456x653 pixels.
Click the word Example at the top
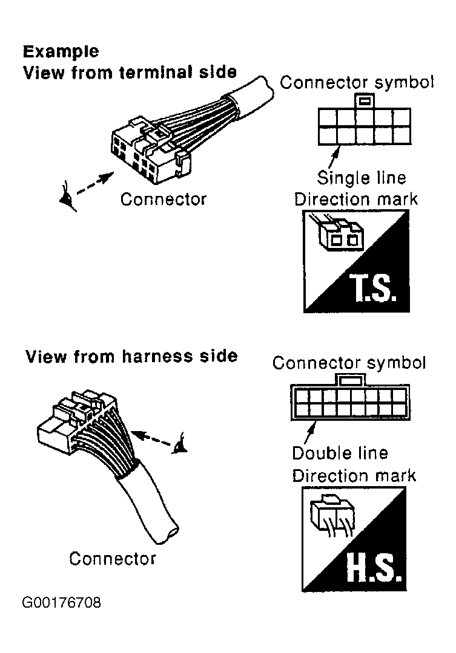tap(61, 51)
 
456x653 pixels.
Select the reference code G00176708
tap(62, 603)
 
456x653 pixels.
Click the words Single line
tap(362, 178)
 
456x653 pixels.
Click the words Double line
tap(340, 453)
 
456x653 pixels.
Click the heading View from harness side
tap(131, 356)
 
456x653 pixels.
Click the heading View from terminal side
tap(130, 73)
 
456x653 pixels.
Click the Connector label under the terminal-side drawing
tap(164, 199)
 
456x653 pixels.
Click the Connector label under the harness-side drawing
tap(112, 558)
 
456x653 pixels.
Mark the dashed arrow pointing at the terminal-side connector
tap(96, 183)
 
